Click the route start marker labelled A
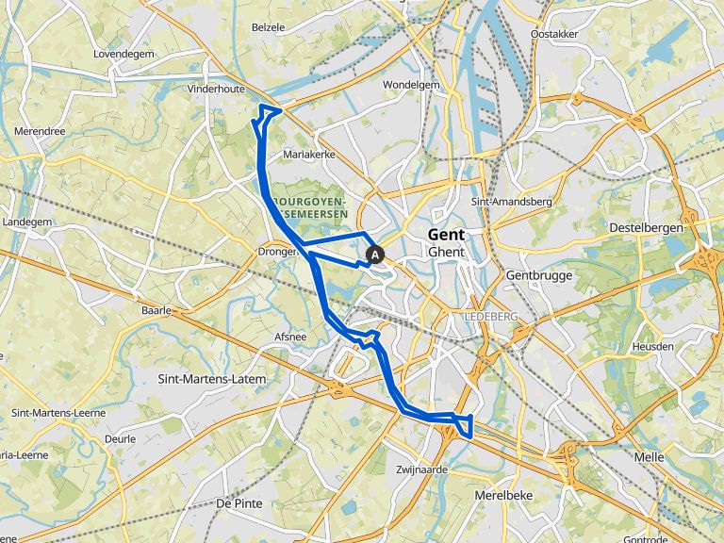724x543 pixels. [375, 254]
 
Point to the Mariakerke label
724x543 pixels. [309, 153]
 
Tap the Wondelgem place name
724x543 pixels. [412, 85]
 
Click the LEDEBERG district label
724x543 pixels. [491, 317]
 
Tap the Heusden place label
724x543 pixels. [654, 346]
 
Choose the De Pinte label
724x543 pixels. [238, 503]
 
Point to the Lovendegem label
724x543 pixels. [123, 54]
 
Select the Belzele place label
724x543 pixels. [268, 27]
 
